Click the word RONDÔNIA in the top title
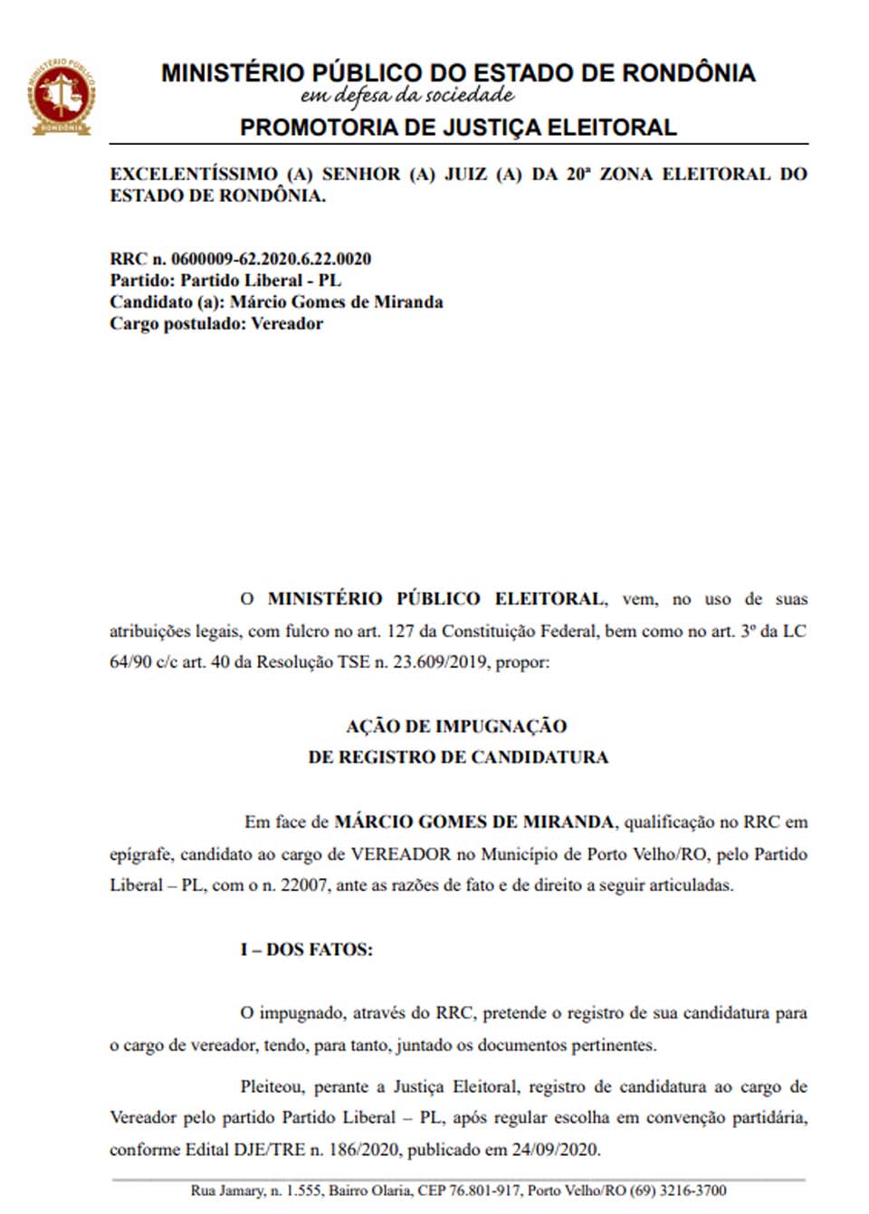689,73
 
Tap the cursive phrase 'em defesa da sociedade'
407,96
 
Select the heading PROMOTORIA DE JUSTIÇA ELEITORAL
458,128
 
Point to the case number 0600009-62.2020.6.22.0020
271,259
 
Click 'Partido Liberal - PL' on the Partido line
261,281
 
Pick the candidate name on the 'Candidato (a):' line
337,302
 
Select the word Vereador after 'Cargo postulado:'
287,324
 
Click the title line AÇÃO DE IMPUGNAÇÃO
456,726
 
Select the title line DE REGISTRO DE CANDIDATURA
458,758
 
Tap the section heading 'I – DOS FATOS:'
306,950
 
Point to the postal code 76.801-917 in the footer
485,1190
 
